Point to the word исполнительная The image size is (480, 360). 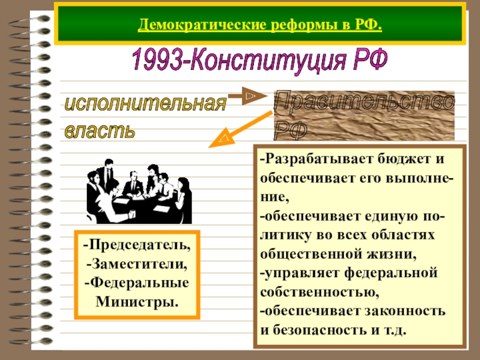tap(145, 103)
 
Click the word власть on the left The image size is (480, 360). tap(100, 130)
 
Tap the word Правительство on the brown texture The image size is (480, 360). tap(364, 102)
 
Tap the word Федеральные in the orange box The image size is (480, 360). tap(139, 282)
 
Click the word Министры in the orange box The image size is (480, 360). tap(137, 300)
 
